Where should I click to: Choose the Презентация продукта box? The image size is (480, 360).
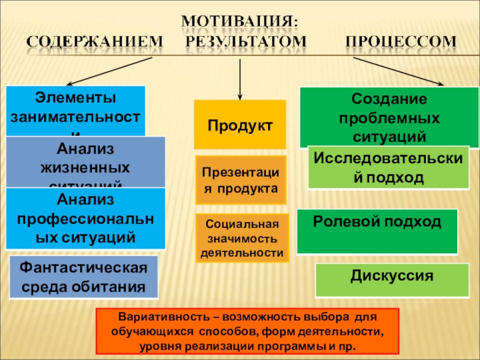240,180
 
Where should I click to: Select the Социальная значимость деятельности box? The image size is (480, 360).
242,238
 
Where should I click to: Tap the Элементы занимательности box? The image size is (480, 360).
76,111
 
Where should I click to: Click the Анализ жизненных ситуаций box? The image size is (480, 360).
85,161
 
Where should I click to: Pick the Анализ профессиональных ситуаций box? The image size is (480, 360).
85,218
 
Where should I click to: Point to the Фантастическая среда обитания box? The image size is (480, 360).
84,277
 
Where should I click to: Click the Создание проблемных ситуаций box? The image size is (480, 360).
389,117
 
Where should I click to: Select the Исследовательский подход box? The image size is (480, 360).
388,167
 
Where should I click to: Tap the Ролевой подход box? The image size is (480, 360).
377,231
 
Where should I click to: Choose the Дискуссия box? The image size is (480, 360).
392,280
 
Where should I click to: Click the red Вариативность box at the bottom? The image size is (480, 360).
247,331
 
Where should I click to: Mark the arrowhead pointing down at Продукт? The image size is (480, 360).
240,95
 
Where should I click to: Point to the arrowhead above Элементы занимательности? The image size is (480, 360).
69,84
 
